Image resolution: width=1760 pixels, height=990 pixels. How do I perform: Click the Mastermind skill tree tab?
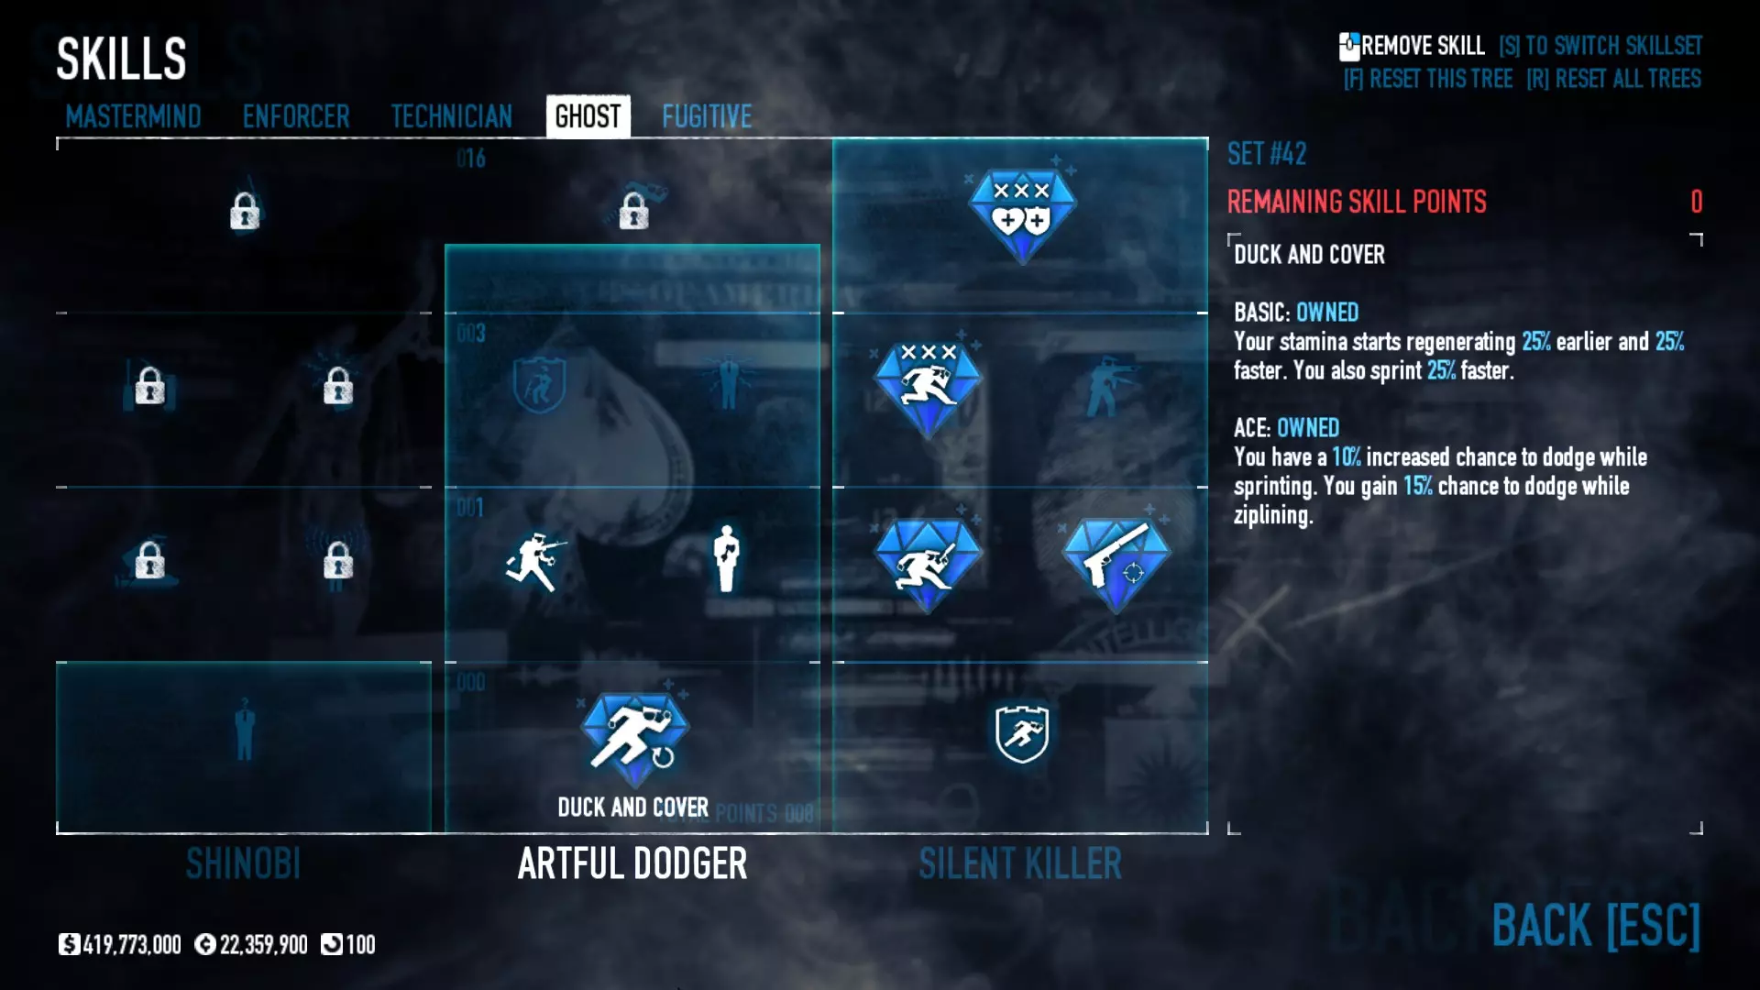coord(133,116)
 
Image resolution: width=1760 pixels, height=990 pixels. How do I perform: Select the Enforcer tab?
coord(296,116)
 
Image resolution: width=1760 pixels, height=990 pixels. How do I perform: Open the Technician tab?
coord(451,116)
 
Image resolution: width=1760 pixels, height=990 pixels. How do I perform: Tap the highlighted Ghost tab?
coord(588,116)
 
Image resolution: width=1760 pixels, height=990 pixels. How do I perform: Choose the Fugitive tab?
coord(707,116)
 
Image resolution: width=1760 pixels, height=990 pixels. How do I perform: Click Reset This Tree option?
coord(1427,79)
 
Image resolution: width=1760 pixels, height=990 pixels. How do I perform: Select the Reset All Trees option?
coord(1613,79)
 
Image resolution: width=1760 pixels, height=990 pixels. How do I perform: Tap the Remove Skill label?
coord(1421,46)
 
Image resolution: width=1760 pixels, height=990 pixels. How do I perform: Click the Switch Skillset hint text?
coord(1600,46)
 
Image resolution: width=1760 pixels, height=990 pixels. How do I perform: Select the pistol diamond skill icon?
coord(1116,562)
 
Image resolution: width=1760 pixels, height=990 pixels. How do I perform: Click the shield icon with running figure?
coord(1022,733)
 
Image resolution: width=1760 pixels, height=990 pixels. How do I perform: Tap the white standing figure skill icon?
coord(727,558)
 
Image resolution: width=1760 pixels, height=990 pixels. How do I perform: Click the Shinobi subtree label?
coord(243,863)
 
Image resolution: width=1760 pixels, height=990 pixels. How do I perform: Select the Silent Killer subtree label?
coord(1020,863)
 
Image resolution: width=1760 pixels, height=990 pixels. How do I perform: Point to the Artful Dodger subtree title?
coord(632,863)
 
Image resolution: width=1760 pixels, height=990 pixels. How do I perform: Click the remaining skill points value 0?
coord(1696,202)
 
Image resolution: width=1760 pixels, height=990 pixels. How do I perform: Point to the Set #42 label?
coord(1267,154)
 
